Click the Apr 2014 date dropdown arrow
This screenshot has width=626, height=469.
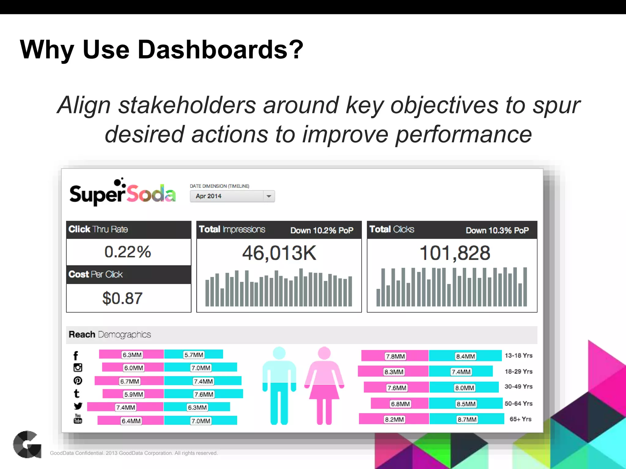[269, 196]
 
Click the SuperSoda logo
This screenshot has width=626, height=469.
[123, 193]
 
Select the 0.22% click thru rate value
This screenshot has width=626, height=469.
[128, 252]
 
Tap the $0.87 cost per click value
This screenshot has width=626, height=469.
[123, 298]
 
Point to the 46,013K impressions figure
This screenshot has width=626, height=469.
[279, 253]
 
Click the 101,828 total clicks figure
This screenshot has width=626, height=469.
[455, 253]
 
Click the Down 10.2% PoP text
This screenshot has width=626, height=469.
[322, 230]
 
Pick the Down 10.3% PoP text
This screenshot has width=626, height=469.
[497, 230]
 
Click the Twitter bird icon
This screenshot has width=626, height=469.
[78, 406]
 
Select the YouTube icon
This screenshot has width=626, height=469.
[78, 419]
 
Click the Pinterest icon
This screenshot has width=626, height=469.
[78, 380]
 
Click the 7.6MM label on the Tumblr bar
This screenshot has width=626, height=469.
[204, 394]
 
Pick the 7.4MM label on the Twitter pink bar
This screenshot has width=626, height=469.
[126, 407]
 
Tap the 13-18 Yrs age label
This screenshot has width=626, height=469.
[518, 355]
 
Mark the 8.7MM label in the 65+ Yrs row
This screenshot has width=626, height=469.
[467, 419]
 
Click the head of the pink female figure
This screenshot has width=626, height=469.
[324, 353]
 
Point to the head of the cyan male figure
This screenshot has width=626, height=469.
[279, 353]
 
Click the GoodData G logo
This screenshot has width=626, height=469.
[27, 444]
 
